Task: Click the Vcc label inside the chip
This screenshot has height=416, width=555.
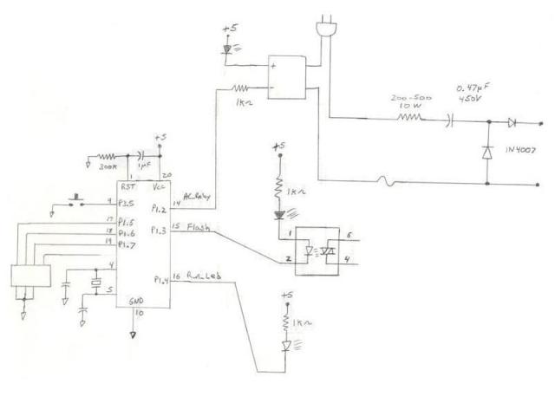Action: [x=159, y=185]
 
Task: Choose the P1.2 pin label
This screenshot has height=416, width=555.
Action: [x=160, y=208]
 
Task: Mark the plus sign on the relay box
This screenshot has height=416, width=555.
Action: [x=275, y=65]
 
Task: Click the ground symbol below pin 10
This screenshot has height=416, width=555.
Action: [x=133, y=333]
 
